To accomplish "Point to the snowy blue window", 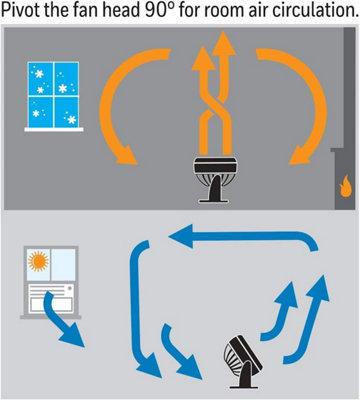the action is pos(53,95).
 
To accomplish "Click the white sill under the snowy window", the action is pos(54,129).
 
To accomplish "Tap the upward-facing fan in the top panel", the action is pos(215,179).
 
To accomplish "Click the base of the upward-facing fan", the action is pos(214,201).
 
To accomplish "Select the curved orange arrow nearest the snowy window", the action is pos(112,100).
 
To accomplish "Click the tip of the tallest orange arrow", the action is pos(224,31).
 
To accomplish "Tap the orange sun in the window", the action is pos(38,261).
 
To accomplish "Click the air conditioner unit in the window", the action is pos(50,299).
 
